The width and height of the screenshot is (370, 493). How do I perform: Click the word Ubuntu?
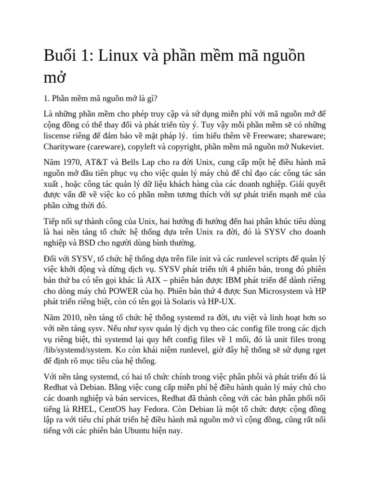[138, 431]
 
